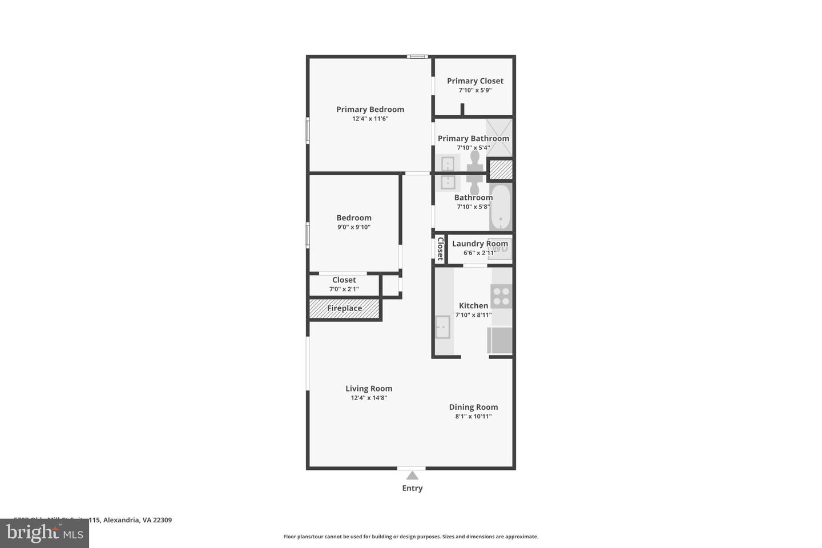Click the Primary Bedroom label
point(370,109)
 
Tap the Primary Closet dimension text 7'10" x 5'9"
point(475,90)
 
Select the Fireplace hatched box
point(344,308)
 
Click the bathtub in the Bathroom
point(501,207)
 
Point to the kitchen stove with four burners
point(501,296)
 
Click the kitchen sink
point(442,327)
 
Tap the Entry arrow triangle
point(412,476)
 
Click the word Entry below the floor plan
point(412,488)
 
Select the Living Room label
point(369,389)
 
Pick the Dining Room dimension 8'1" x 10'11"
point(473,417)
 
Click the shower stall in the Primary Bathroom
point(499,138)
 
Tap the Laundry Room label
point(479,244)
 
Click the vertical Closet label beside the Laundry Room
point(440,249)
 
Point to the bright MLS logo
point(45,533)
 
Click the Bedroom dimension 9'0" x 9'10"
point(354,227)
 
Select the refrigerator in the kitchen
point(501,340)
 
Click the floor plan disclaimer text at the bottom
point(411,537)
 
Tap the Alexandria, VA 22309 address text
point(137,520)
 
